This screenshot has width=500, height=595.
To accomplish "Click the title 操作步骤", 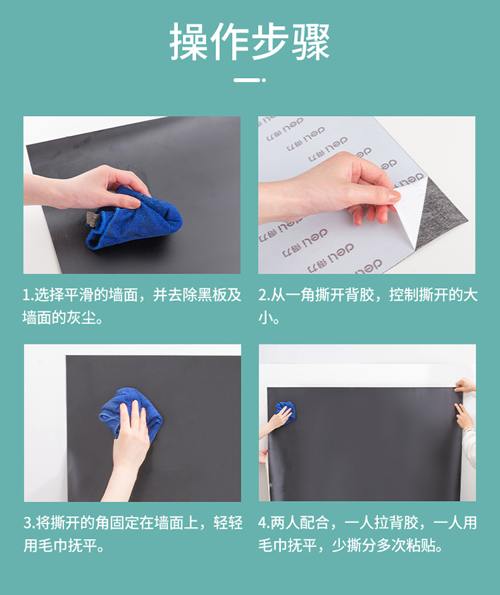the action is (x=249, y=41).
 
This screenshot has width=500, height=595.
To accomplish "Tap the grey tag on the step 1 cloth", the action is (x=93, y=219).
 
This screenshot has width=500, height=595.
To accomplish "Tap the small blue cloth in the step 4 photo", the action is (x=285, y=412).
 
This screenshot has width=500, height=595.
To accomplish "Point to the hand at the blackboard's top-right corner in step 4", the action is (x=465, y=386).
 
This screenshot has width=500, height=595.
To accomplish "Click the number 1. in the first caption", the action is (x=28, y=295).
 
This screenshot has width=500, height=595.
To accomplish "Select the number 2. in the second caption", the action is (x=264, y=295).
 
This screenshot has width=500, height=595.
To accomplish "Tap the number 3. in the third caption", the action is (x=29, y=523).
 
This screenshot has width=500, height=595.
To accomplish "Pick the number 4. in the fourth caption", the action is (x=264, y=523).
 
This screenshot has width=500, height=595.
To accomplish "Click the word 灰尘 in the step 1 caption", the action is (x=81, y=318).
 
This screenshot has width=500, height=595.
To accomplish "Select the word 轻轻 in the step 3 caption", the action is (x=228, y=523).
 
